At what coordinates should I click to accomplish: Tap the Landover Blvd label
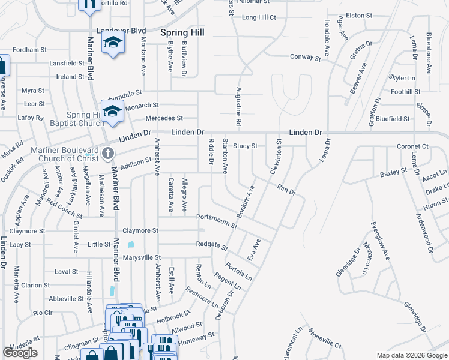coord(122,30)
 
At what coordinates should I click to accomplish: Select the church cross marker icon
coord(108,153)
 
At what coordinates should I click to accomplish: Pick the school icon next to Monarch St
coord(112,111)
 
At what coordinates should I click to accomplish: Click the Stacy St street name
coord(245,146)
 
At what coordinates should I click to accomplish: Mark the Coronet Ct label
coord(412,146)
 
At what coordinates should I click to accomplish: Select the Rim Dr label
coord(286,190)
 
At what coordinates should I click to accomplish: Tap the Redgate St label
coord(212,245)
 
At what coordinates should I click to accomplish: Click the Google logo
coord(20,353)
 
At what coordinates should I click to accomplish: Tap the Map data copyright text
coord(412,355)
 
